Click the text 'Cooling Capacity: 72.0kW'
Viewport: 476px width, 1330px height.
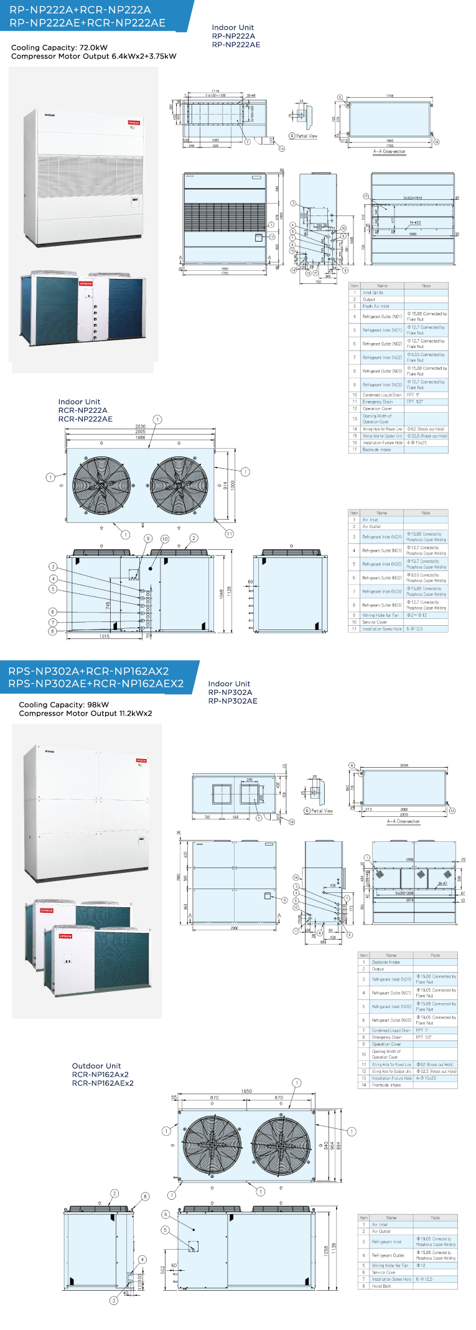(59, 47)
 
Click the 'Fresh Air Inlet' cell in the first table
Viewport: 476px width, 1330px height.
(376, 306)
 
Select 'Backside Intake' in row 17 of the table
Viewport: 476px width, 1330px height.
(376, 450)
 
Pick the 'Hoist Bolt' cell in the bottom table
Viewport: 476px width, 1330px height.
(381, 1286)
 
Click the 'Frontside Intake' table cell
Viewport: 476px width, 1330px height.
(386, 1085)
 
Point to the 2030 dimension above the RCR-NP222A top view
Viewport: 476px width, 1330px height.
(141, 427)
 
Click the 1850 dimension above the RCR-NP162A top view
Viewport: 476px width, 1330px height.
(246, 1091)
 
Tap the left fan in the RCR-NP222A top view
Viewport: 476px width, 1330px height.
(101, 486)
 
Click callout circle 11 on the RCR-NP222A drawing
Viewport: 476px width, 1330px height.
(230, 534)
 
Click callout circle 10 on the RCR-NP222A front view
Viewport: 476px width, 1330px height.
(165, 539)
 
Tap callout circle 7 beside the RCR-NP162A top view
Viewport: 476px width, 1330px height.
(172, 1195)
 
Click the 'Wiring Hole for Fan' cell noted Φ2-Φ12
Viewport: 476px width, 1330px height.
(380, 615)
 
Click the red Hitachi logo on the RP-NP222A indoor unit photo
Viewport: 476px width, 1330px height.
(134, 123)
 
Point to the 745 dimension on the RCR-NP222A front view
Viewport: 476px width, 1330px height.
(108, 605)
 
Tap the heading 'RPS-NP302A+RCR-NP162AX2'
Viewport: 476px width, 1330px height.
(88, 671)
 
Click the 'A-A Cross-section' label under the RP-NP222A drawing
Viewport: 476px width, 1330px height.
(389, 151)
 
